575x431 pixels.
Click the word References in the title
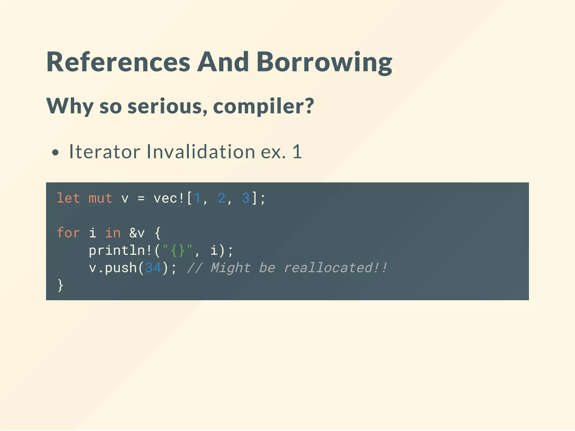point(118,62)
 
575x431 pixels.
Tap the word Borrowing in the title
point(324,62)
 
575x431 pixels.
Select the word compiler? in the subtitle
point(263,106)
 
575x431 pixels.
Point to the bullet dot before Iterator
point(56,153)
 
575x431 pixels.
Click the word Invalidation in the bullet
point(201,152)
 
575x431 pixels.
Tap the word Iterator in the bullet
point(105,152)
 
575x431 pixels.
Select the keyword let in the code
point(68,198)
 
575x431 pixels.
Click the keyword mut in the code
point(101,198)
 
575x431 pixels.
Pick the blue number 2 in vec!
point(222,198)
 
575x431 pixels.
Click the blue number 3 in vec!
point(246,198)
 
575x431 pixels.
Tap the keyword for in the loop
point(68,233)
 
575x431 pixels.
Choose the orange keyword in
point(113,233)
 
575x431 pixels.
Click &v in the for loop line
point(137,233)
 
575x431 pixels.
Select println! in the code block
point(121,251)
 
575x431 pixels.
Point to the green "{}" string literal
point(177,250)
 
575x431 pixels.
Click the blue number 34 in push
point(153,268)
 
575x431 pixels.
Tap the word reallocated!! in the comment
point(336,268)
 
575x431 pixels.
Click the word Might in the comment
point(231,268)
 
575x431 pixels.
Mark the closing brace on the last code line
point(60,285)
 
